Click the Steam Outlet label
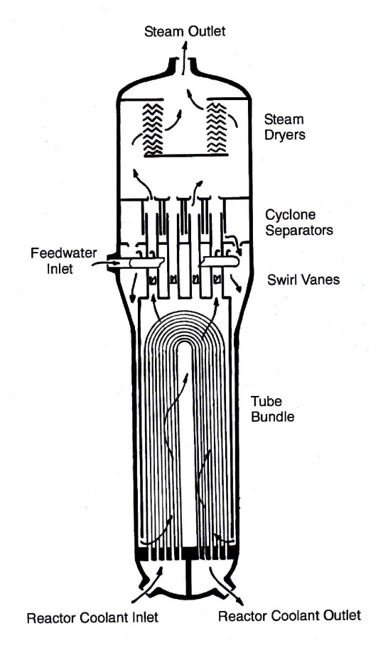coord(185,31)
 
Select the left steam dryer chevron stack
coord(153,129)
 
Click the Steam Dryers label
coord(284,127)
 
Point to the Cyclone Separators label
coord(298,222)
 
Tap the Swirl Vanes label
coord(303,280)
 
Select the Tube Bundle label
coord(272,409)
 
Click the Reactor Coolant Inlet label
coord(92,617)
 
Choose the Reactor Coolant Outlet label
coord(289,615)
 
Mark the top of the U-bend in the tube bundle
coord(187,312)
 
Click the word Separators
coord(298,230)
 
